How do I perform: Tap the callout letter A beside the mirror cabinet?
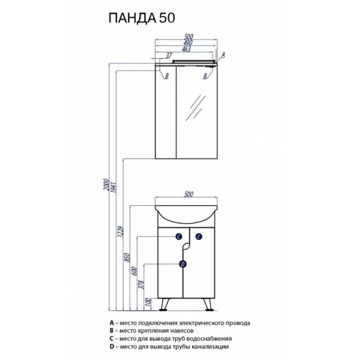[223, 54]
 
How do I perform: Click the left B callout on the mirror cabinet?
[166, 76]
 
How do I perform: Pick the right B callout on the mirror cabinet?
[205, 76]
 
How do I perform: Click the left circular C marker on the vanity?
[179, 238]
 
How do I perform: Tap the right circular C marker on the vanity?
[199, 238]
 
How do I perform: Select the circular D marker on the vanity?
[183, 263]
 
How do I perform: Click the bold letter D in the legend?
[110, 346]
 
